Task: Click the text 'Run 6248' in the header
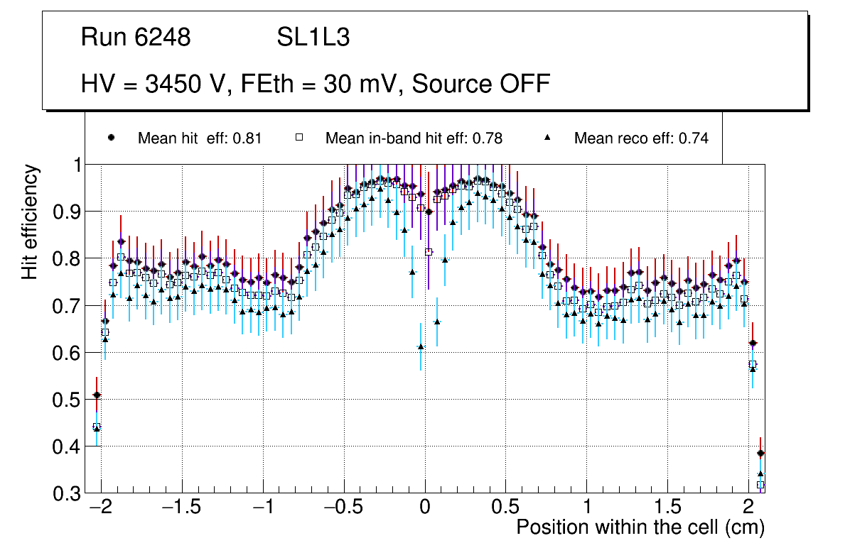(136, 38)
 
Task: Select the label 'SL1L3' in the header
(313, 38)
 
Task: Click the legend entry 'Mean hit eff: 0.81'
(200, 138)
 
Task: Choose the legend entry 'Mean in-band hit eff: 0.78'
(414, 138)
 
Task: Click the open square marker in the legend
(299, 138)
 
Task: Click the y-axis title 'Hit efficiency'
(31, 221)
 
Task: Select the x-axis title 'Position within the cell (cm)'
(640, 527)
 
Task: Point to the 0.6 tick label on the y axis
(68, 353)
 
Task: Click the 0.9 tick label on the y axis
(68, 212)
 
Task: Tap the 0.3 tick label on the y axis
(68, 493)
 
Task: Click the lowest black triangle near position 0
(421, 346)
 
